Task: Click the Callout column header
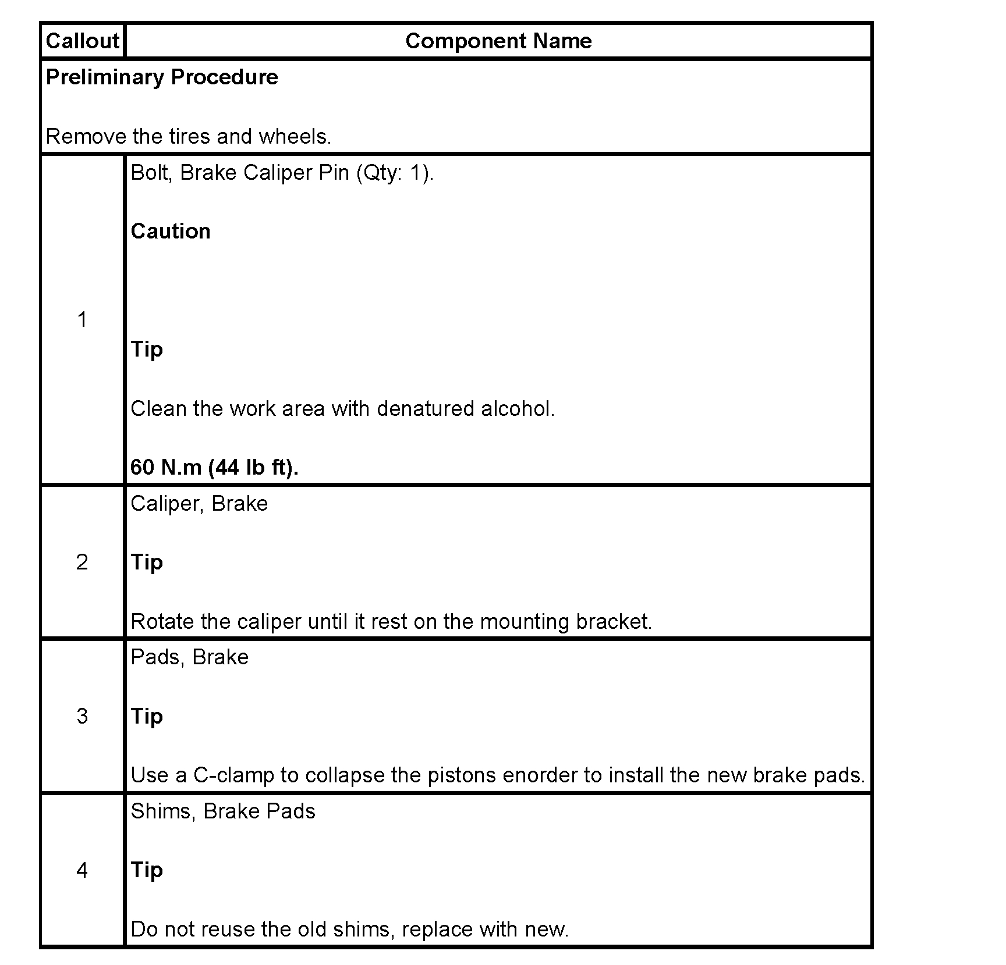82,41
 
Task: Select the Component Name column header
498,41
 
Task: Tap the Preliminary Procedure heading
162,77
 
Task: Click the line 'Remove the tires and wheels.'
188,137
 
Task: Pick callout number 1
82,319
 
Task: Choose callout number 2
82,562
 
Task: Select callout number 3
82,716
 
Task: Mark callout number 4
82,870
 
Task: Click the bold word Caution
171,232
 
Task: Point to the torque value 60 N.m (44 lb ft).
214,467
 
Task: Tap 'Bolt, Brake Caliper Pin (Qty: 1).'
282,173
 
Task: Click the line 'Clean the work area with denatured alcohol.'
342,409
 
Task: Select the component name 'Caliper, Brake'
199,504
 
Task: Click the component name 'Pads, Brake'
190,657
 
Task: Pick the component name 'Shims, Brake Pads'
223,811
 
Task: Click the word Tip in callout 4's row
147,870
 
